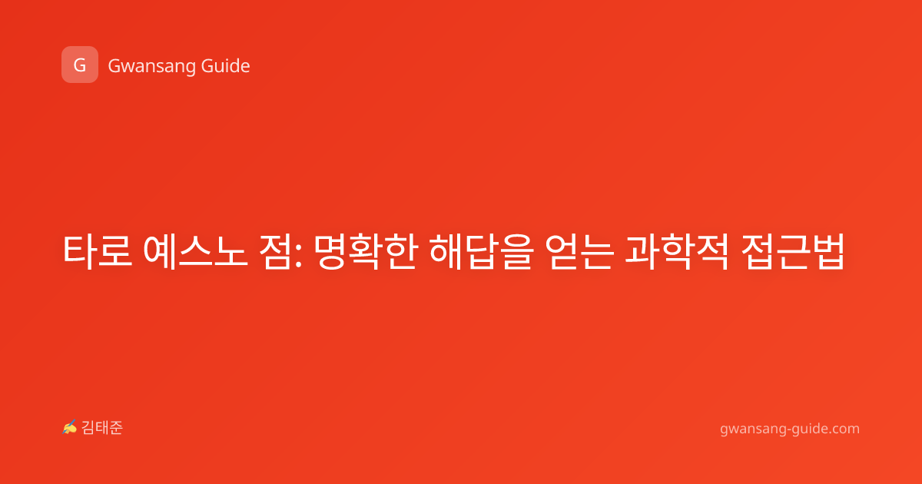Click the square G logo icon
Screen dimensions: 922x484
pos(80,65)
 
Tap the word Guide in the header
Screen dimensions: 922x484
pos(225,65)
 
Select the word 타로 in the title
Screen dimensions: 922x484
pos(98,251)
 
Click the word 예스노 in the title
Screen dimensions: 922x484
pos(195,251)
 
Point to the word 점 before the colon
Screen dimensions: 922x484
pos(275,251)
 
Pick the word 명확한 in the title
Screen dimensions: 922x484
pos(366,251)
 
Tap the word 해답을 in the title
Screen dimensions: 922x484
pos(481,251)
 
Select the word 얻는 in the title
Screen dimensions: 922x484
pos(579,251)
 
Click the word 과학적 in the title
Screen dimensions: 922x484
pos(677,251)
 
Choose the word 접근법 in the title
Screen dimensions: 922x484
pos(792,251)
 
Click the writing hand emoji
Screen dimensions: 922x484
pos(70,427)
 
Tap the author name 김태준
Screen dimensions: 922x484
pos(102,428)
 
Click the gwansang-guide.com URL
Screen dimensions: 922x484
pos(790,429)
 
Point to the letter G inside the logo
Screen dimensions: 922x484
pos(80,65)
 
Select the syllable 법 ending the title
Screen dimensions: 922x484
pos(827,251)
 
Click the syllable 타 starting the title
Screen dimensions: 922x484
pos(79,251)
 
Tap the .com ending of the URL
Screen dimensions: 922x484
pos(843,429)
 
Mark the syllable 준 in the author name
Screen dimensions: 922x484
pos(116,428)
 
